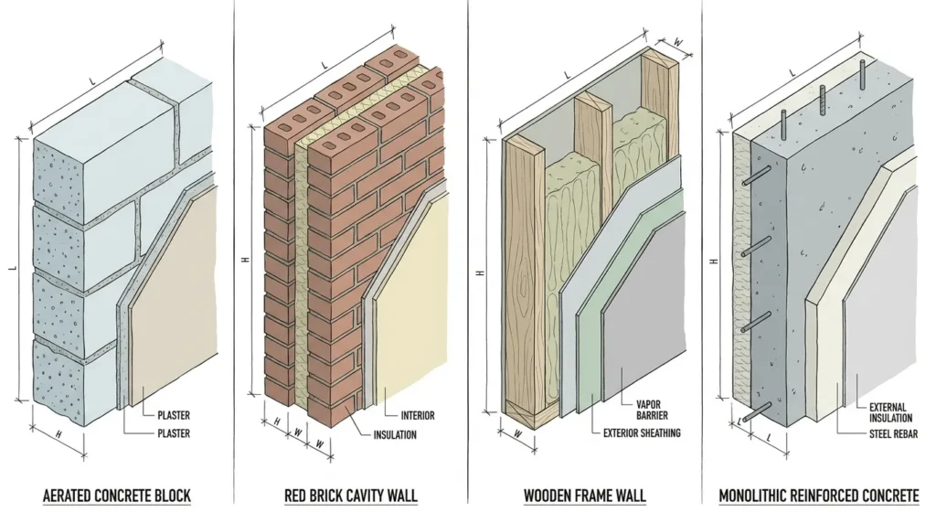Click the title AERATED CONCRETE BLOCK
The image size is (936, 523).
click(x=117, y=496)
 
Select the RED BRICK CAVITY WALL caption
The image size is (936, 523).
click(x=351, y=496)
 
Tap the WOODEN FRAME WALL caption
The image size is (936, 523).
click(x=585, y=496)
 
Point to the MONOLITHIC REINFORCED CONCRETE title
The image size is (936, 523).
click(x=819, y=496)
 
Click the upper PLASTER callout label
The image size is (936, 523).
click(x=174, y=415)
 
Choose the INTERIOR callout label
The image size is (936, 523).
click(x=418, y=415)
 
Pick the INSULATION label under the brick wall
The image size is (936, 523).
click(x=395, y=434)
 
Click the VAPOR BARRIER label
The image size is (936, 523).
click(x=652, y=410)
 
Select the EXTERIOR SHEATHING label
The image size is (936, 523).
click(x=642, y=432)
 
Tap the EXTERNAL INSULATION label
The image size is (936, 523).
click(x=890, y=413)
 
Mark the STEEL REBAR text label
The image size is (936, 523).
click(x=894, y=434)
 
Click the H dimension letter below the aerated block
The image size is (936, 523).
click(x=58, y=434)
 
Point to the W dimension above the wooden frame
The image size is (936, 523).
click(x=678, y=42)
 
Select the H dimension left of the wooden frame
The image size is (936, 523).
click(x=480, y=272)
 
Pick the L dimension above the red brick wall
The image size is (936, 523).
click(x=324, y=64)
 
